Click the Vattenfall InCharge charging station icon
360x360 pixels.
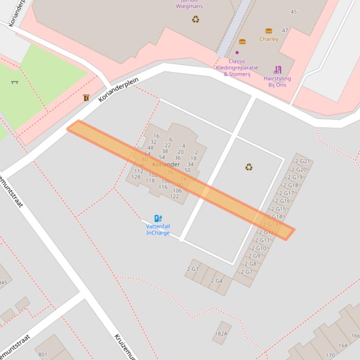158,218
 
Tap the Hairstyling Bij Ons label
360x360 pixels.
277,82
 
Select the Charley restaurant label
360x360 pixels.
269,39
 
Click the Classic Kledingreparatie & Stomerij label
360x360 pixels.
237,68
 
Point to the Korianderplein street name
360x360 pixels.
119,90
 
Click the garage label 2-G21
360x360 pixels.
302,161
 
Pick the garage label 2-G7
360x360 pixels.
247,272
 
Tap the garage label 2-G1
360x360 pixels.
193,269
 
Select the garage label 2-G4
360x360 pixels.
216,281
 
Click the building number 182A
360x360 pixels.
221,333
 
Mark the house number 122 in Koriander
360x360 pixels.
174,196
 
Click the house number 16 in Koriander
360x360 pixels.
156,136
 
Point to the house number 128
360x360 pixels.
136,177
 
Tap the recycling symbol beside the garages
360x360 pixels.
249,167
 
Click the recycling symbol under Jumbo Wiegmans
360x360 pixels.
196,19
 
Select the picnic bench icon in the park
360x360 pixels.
15,82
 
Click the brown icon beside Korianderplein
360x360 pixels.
86,98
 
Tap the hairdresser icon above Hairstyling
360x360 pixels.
278,70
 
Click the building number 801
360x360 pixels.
43,354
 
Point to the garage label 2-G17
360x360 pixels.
287,193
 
